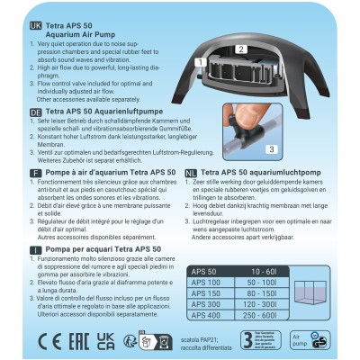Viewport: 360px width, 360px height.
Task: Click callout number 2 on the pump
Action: point(239,49)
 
